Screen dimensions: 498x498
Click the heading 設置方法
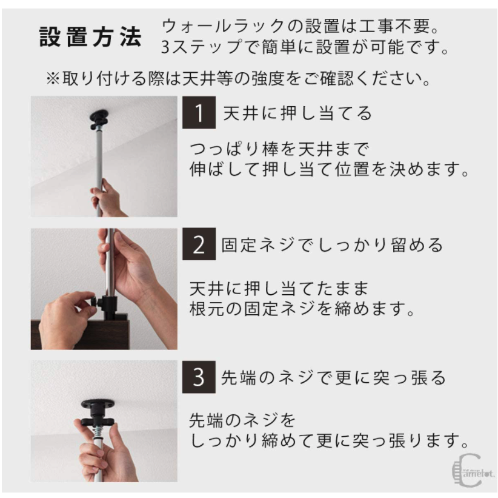90,37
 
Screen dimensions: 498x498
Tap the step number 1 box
199,113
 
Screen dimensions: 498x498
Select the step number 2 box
199,244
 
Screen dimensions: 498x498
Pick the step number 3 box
199,377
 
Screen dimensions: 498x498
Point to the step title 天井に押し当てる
297,113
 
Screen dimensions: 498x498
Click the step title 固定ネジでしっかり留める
332,245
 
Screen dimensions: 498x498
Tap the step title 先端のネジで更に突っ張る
333,378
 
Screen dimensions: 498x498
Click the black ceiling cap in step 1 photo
99,119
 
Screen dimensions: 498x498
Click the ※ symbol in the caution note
53,78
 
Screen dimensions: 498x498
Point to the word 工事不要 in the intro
394,26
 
